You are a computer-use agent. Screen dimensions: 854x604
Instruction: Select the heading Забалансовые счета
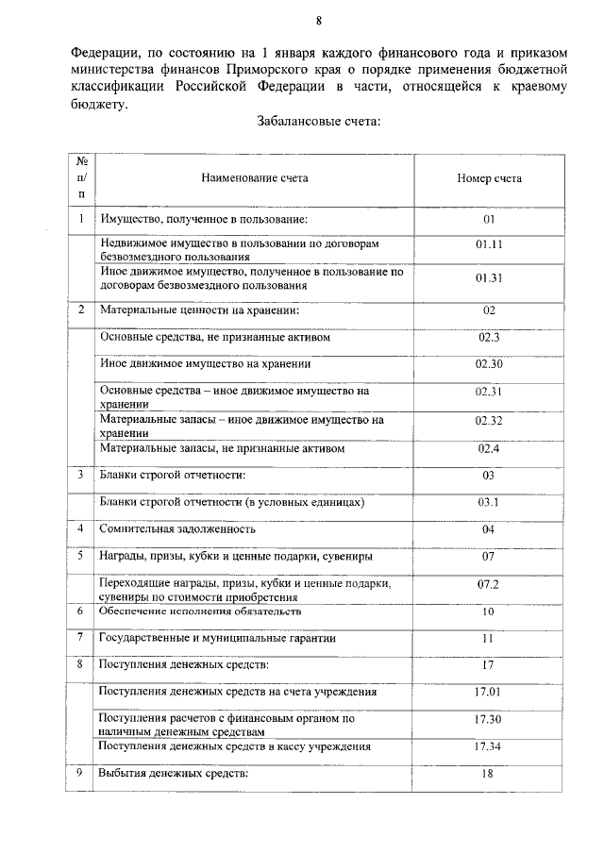point(318,121)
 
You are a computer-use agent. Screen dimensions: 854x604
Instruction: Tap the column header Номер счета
point(489,176)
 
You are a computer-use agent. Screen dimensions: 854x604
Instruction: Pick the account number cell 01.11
point(489,243)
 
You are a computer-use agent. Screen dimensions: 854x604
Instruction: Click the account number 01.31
point(489,277)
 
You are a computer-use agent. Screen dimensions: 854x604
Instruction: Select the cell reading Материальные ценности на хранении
point(200,310)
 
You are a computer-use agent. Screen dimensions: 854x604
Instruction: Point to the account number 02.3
point(489,337)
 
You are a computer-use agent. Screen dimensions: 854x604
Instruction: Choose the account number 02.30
point(489,363)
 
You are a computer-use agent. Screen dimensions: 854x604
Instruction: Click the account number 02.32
point(489,421)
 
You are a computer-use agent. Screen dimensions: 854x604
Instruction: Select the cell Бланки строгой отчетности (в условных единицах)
point(232,502)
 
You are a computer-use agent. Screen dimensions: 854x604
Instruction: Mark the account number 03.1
point(489,502)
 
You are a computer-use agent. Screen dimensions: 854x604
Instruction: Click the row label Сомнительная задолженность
point(178,529)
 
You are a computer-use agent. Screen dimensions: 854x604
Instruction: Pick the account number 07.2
point(489,584)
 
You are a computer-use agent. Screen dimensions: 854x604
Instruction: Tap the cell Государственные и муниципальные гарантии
point(218,639)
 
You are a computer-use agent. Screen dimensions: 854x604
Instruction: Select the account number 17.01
point(489,692)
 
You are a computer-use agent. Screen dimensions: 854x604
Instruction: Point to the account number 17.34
point(489,746)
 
